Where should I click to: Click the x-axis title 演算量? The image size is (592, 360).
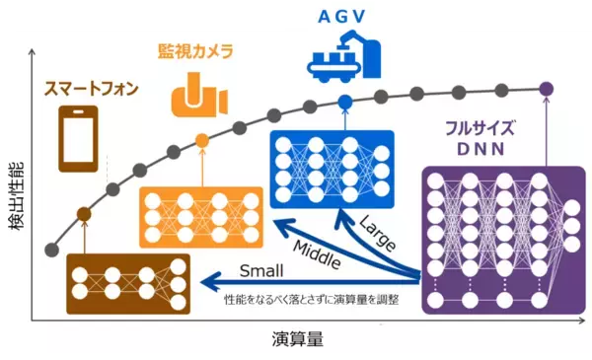(x=297, y=339)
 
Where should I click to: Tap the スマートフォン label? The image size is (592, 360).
(x=91, y=90)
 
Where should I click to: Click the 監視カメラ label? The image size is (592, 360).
(x=198, y=49)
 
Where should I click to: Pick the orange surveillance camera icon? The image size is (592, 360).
(x=198, y=96)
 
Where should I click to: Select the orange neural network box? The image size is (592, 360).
(x=201, y=212)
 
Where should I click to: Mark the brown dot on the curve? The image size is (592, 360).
(x=84, y=214)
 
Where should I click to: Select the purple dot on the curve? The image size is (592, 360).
(x=546, y=89)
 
